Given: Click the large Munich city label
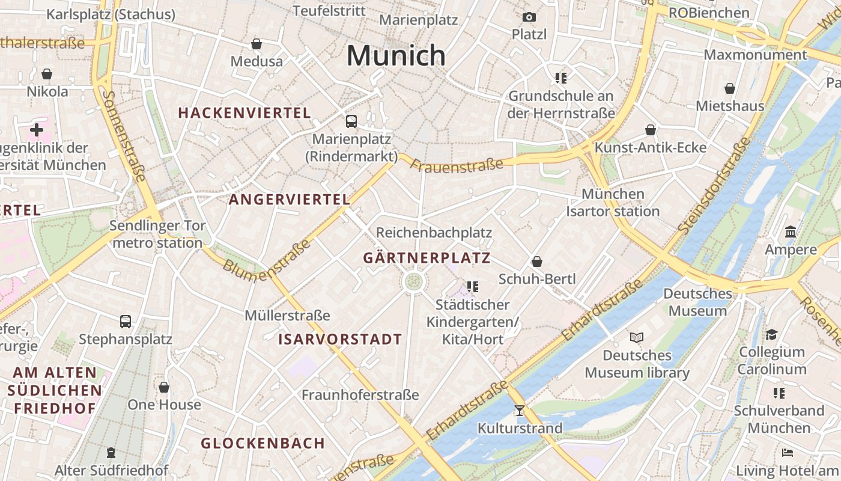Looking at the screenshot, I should [396, 56].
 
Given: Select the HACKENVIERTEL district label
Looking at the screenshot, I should [244, 112].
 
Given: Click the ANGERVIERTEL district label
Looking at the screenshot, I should [290, 200].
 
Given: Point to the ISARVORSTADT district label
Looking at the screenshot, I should [340, 339].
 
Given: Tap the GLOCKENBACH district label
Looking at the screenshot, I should [263, 443].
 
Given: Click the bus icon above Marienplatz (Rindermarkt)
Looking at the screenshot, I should [351, 121].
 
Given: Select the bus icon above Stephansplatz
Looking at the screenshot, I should [126, 321].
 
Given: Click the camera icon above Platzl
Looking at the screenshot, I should [529, 17].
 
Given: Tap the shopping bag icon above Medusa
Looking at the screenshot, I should [257, 44].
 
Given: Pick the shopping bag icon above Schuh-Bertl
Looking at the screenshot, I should [537, 262].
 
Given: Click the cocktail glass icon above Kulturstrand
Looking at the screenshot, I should [520, 411].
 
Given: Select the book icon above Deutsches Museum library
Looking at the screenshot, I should [637, 337].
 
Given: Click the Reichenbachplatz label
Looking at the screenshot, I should [434, 233].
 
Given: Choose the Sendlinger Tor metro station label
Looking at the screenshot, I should [157, 234].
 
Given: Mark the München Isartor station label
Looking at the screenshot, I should [613, 203].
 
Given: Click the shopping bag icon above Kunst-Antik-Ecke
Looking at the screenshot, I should [651, 130].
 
